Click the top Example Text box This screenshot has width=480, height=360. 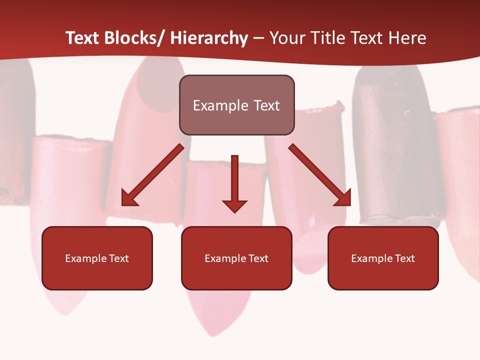click(236, 105)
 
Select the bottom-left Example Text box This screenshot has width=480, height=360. click(97, 258)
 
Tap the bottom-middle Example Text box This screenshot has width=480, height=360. click(236, 258)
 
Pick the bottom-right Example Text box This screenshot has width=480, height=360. click(383, 258)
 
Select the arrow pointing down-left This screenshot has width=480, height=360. click(152, 175)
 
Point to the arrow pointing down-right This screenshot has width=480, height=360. click(320, 175)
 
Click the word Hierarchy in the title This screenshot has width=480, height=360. click(209, 38)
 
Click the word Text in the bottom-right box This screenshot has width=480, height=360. click(404, 258)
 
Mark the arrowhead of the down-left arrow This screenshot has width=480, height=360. click(129, 198)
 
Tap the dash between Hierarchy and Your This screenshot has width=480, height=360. click(258, 38)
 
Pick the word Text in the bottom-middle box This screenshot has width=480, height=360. click(258, 258)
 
